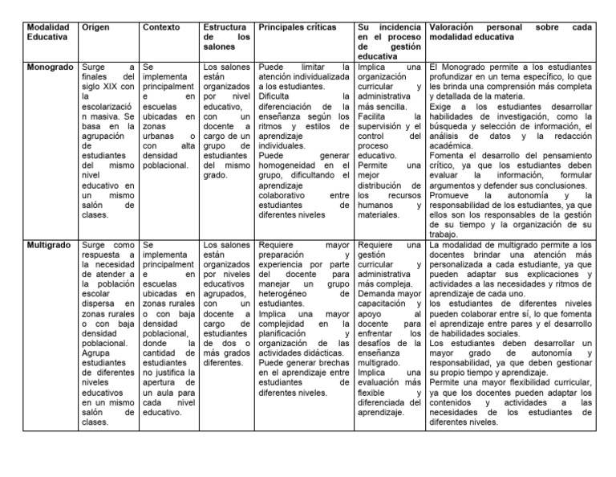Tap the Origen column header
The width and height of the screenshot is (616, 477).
(96, 27)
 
